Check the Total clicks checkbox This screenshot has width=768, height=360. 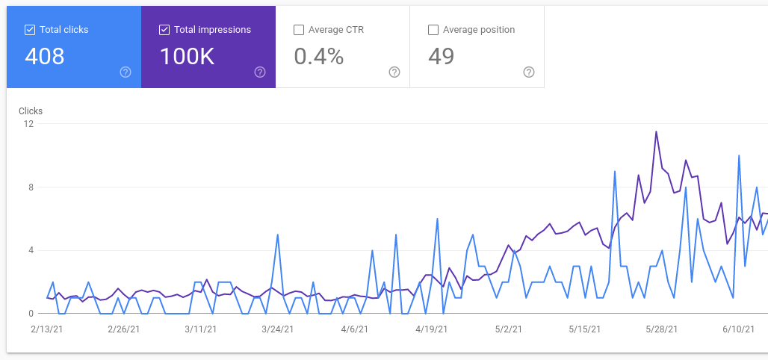[x=30, y=30]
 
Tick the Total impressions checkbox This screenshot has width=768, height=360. [x=164, y=30]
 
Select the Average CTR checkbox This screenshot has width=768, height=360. [x=299, y=30]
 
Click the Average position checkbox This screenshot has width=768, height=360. [x=433, y=30]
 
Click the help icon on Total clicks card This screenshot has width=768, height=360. [x=126, y=72]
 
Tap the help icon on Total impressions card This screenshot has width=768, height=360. [x=260, y=72]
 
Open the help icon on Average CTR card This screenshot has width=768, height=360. [x=394, y=72]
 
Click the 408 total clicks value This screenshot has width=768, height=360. [x=45, y=56]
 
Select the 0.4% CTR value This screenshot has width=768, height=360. [x=319, y=56]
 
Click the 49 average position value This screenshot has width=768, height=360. [x=442, y=56]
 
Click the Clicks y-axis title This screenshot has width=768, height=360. [x=31, y=111]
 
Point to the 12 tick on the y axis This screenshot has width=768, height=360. [x=28, y=124]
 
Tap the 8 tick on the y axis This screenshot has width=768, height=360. [x=31, y=187]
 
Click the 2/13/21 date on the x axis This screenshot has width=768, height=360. [x=47, y=329]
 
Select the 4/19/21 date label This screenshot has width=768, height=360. [x=430, y=329]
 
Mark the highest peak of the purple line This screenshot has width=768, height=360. [x=656, y=131]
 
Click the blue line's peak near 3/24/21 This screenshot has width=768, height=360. [x=278, y=235]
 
